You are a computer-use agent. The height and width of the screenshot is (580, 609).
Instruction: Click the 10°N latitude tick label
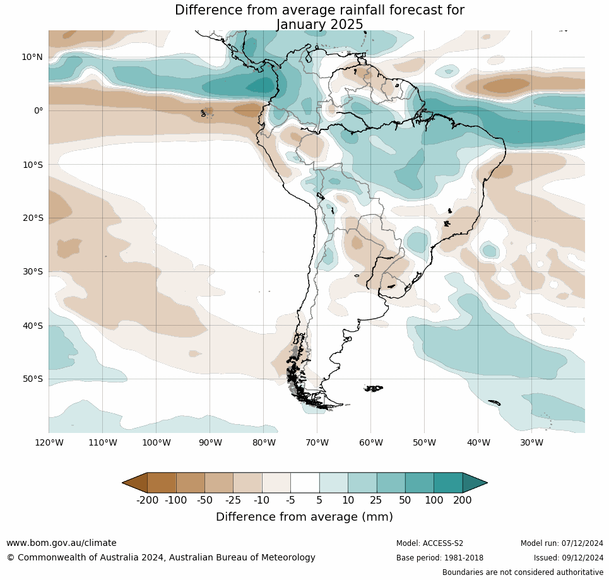[32, 57]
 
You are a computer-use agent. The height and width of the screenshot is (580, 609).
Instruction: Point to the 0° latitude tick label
[38, 110]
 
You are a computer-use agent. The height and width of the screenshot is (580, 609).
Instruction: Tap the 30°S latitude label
[32, 272]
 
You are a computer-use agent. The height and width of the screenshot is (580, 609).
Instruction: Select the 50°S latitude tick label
[32, 379]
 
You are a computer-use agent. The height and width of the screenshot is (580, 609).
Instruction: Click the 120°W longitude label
[49, 443]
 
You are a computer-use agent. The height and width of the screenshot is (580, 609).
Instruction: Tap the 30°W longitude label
[532, 443]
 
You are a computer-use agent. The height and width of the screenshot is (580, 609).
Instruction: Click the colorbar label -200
[147, 500]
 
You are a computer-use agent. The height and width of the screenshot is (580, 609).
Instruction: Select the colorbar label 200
[462, 500]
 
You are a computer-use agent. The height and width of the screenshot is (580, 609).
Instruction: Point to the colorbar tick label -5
[290, 500]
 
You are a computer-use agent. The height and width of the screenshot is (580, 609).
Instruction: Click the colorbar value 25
[376, 500]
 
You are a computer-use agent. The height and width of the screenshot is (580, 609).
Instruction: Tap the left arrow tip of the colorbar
[124, 483]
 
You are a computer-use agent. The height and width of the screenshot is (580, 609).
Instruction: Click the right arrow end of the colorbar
[486, 483]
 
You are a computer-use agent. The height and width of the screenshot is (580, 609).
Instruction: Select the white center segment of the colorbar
[305, 483]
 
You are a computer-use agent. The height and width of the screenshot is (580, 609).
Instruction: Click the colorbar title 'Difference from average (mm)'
[304, 517]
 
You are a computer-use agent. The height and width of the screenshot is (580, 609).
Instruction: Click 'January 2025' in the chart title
[319, 25]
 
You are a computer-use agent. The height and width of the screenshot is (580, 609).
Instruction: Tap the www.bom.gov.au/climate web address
[61, 543]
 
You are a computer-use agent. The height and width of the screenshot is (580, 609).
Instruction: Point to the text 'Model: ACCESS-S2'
[430, 543]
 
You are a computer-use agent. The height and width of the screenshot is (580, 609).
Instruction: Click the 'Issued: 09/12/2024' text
[569, 558]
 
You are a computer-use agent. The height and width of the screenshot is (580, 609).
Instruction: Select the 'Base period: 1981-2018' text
[440, 558]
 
